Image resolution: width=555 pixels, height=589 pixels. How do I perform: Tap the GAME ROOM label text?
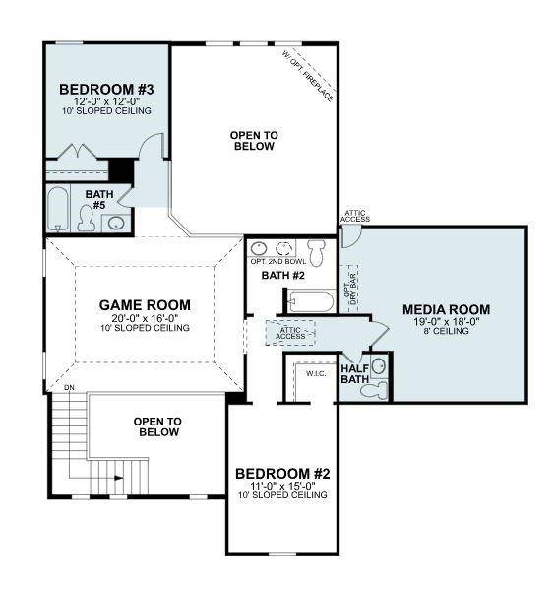(145, 304)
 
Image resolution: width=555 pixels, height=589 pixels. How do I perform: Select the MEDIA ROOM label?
(446, 309)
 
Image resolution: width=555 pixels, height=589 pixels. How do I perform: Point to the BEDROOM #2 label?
(282, 474)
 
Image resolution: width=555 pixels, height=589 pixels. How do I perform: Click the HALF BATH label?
(354, 374)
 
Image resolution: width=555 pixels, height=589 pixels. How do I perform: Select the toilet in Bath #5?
(87, 219)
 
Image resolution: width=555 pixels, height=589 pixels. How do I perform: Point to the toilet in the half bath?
(375, 389)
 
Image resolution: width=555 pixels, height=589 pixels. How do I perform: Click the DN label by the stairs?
(69, 388)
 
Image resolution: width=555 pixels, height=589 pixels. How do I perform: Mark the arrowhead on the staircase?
(119, 478)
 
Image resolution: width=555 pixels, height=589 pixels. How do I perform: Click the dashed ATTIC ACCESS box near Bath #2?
(291, 332)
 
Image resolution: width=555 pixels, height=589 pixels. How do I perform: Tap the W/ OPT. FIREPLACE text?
(308, 77)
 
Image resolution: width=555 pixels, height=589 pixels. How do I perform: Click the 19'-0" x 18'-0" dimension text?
(446, 321)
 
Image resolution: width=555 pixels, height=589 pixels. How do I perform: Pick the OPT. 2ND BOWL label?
(273, 261)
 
